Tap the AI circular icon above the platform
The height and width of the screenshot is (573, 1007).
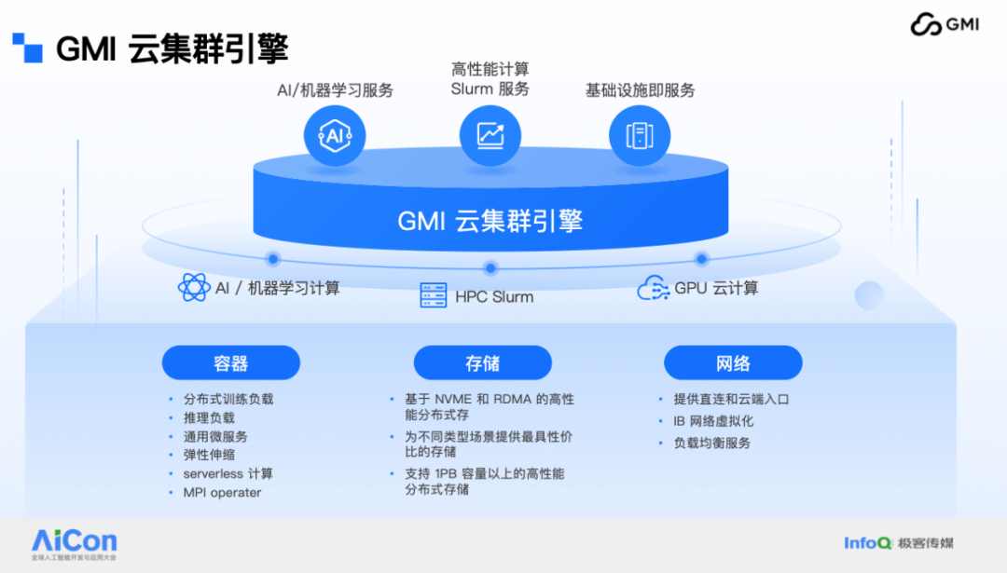[x=335, y=136]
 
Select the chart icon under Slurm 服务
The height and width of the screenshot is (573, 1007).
[x=490, y=136]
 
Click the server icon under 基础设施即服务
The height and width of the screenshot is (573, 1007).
[x=640, y=136]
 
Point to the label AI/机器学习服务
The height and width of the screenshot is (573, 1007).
[x=335, y=90]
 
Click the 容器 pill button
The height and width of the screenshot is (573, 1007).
[x=231, y=363]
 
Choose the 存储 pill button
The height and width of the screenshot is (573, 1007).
[x=483, y=363]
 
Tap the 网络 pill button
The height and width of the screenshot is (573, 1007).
[x=733, y=363]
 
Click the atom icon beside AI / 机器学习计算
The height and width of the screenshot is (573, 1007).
[x=194, y=288]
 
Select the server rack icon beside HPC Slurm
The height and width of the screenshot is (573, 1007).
[x=434, y=296]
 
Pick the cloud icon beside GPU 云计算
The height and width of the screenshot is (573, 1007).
[x=654, y=289]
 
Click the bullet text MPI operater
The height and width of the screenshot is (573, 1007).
[x=222, y=493]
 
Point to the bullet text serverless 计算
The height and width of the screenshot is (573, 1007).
[x=228, y=474]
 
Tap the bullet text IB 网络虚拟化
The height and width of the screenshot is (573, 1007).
[x=713, y=421]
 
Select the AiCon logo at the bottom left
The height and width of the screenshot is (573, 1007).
[x=75, y=541]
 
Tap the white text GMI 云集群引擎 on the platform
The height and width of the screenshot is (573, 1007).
[x=490, y=221]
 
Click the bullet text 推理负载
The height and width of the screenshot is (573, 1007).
[x=209, y=418]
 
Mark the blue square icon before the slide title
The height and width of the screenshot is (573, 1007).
[x=27, y=47]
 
